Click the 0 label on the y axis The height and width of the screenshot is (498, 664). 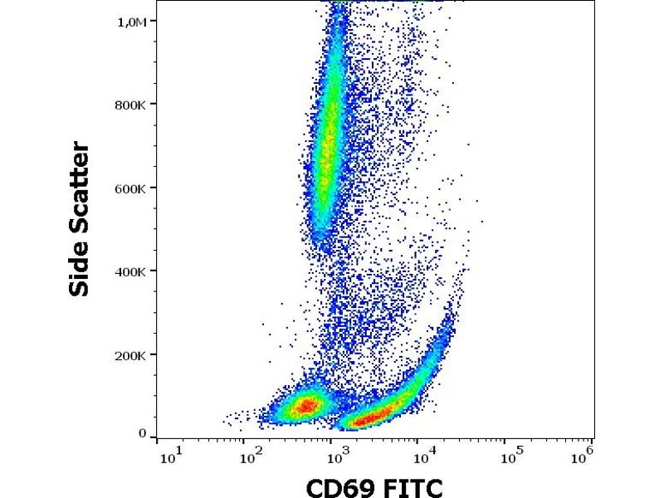pos(142,433)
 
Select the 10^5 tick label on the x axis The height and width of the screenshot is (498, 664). pos(510,455)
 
